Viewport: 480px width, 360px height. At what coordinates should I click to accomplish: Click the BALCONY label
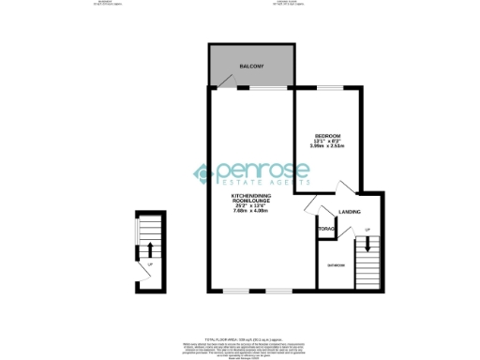(x=251, y=67)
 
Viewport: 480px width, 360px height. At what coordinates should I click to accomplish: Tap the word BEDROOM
(x=326, y=137)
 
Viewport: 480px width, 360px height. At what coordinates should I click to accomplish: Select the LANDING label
(x=350, y=212)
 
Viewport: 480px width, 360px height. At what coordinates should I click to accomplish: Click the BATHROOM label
(x=335, y=265)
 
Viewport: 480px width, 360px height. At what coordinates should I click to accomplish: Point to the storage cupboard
(x=327, y=228)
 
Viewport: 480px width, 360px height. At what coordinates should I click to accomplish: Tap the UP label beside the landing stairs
(x=367, y=230)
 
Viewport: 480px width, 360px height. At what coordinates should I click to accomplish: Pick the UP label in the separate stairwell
(x=149, y=263)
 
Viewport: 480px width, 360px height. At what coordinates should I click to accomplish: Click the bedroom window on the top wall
(x=329, y=86)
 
